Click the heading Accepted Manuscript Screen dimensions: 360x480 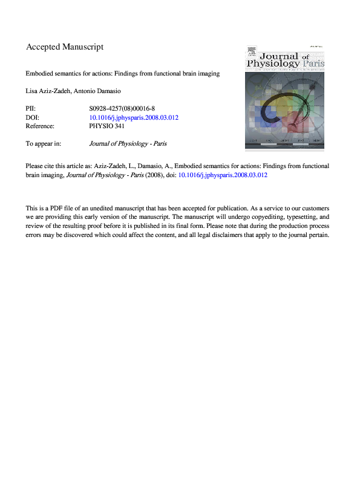click(x=65, y=47)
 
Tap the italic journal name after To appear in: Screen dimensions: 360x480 click(x=127, y=144)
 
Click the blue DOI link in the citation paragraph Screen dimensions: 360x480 click(x=223, y=175)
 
